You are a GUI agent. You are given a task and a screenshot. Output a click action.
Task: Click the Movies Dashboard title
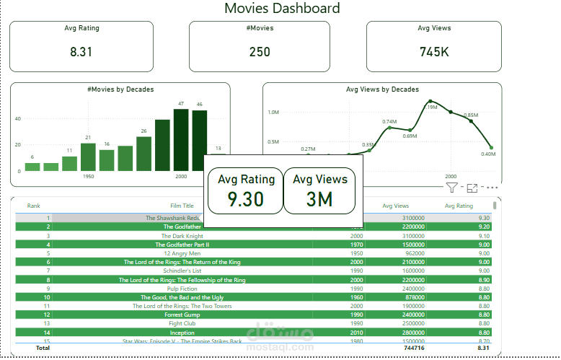282,9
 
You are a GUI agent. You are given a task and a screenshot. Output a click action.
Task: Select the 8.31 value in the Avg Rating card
81,52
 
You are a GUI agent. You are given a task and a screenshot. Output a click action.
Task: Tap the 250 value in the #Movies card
260,52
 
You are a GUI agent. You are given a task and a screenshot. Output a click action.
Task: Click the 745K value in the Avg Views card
434,52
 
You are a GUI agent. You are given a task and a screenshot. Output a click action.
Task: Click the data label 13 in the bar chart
218,148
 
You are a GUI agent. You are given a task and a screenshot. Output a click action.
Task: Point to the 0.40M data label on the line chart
488,154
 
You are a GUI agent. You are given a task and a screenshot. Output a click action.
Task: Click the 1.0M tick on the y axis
273,113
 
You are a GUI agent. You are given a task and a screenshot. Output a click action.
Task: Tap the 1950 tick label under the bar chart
88,176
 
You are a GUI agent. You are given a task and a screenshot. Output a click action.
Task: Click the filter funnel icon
451,188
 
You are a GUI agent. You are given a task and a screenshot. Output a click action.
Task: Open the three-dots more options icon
492,188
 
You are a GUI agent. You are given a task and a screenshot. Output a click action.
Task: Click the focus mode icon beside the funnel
472,188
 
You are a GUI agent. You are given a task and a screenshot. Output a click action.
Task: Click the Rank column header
33,206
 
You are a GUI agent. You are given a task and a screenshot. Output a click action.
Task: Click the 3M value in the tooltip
319,199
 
